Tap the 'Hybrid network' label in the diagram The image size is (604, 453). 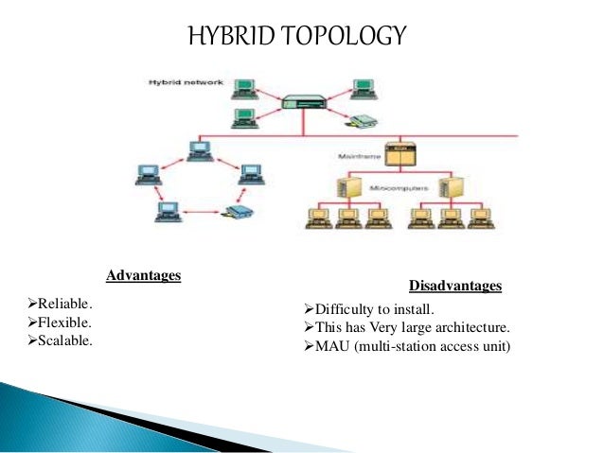tap(186, 82)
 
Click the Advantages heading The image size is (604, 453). tap(143, 275)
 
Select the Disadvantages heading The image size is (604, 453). tap(454, 286)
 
